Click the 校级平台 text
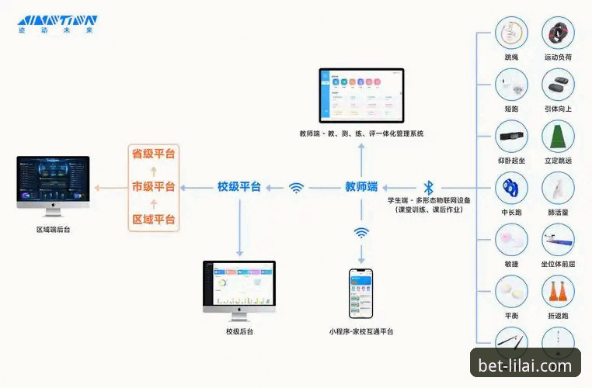tap(239, 187)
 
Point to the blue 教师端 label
tap(361, 187)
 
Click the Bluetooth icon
tap(427, 188)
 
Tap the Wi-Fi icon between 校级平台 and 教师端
tap(296, 188)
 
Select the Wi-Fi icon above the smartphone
tap(361, 232)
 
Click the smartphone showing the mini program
tap(360, 293)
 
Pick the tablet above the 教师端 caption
tap(361, 95)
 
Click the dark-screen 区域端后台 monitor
tap(52, 185)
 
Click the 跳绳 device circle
tap(511, 34)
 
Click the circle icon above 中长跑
tap(511, 187)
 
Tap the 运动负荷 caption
tap(558, 57)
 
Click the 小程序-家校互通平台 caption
tap(360, 332)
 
